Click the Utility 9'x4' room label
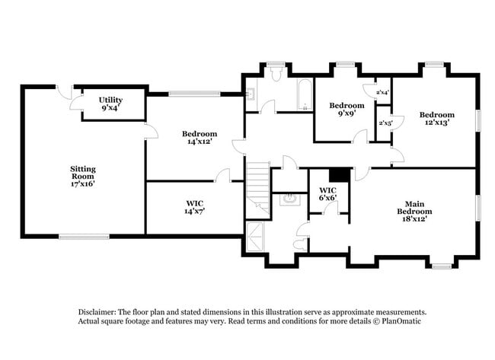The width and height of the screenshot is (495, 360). pos(110,104)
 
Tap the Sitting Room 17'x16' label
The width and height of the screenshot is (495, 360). pos(82,176)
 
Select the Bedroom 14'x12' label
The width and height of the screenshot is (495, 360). pos(200,137)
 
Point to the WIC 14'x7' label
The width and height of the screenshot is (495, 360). pos(195,207)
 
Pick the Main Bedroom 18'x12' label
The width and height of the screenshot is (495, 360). pos(414,211)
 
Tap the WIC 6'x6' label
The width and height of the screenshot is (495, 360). pos(328,194)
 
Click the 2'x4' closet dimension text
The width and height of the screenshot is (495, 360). pos(383,93)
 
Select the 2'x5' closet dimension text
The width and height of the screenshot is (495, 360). pos(385,122)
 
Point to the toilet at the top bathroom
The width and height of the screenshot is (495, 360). pos(276,74)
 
